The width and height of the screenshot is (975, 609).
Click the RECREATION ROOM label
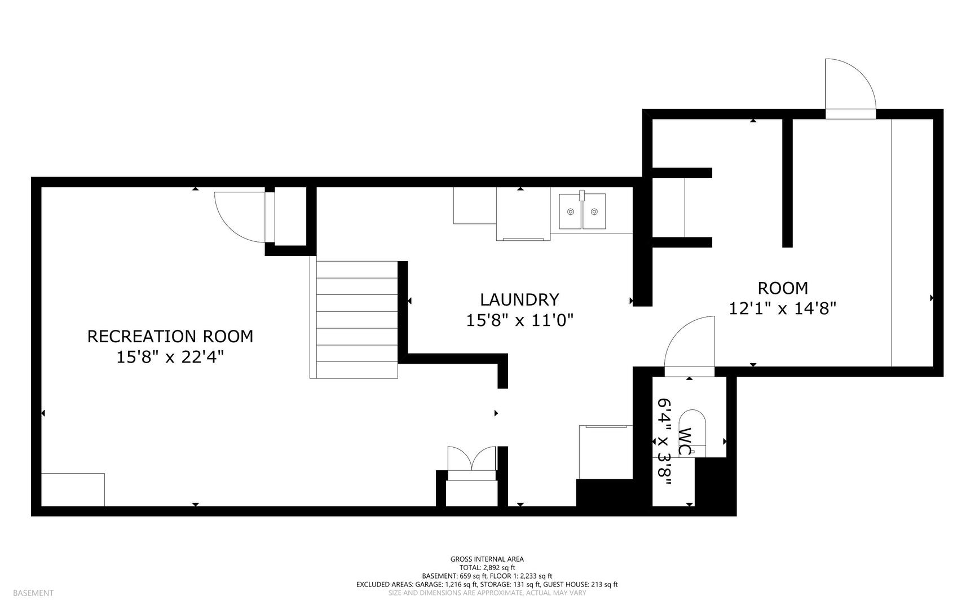pyautogui.click(x=170, y=336)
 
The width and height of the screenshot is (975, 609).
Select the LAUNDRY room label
pyautogui.click(x=519, y=299)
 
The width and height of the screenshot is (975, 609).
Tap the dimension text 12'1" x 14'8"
pyautogui.click(x=783, y=308)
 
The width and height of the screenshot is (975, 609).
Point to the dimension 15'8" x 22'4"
pyautogui.click(x=170, y=357)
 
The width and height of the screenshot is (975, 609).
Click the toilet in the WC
pyautogui.click(x=692, y=433)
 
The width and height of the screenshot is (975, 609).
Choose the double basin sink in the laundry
pyautogui.click(x=583, y=211)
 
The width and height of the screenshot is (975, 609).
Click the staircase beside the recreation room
pyautogui.click(x=354, y=319)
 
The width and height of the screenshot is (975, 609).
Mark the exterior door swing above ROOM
pyautogui.click(x=850, y=85)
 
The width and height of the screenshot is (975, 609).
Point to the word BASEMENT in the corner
pyautogui.click(x=33, y=593)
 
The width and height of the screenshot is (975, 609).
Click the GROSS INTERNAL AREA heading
pyautogui.click(x=487, y=559)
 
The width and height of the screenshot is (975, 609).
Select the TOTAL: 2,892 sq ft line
pyautogui.click(x=487, y=568)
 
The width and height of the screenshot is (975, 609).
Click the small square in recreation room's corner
pyautogui.click(x=73, y=489)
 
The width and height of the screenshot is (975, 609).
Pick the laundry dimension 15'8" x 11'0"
pyautogui.click(x=519, y=320)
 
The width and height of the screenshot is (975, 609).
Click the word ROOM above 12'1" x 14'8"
pyautogui.click(x=783, y=288)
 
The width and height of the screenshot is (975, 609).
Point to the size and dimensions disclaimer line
pyautogui.click(x=487, y=593)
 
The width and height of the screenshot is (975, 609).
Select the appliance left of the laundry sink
pyautogui.click(x=523, y=214)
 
